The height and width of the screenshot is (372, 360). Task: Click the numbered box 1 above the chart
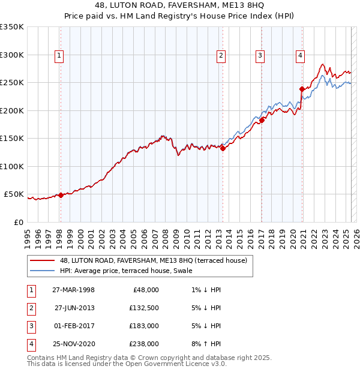pyautogui.click(x=60, y=56)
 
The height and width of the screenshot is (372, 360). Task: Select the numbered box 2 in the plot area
pyautogui.click(x=221, y=56)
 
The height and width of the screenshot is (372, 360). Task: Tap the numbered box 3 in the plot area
pyautogui.click(x=260, y=56)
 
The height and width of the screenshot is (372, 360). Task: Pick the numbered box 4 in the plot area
pyautogui.click(x=300, y=56)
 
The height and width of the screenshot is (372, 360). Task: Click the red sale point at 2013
pyautogui.click(x=223, y=148)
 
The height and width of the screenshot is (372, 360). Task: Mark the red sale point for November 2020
pyautogui.click(x=302, y=89)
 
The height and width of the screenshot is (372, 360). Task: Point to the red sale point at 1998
pyautogui.click(x=61, y=195)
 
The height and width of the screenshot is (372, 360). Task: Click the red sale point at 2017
pyautogui.click(x=262, y=120)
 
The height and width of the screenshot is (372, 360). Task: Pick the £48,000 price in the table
pyautogui.click(x=144, y=289)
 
